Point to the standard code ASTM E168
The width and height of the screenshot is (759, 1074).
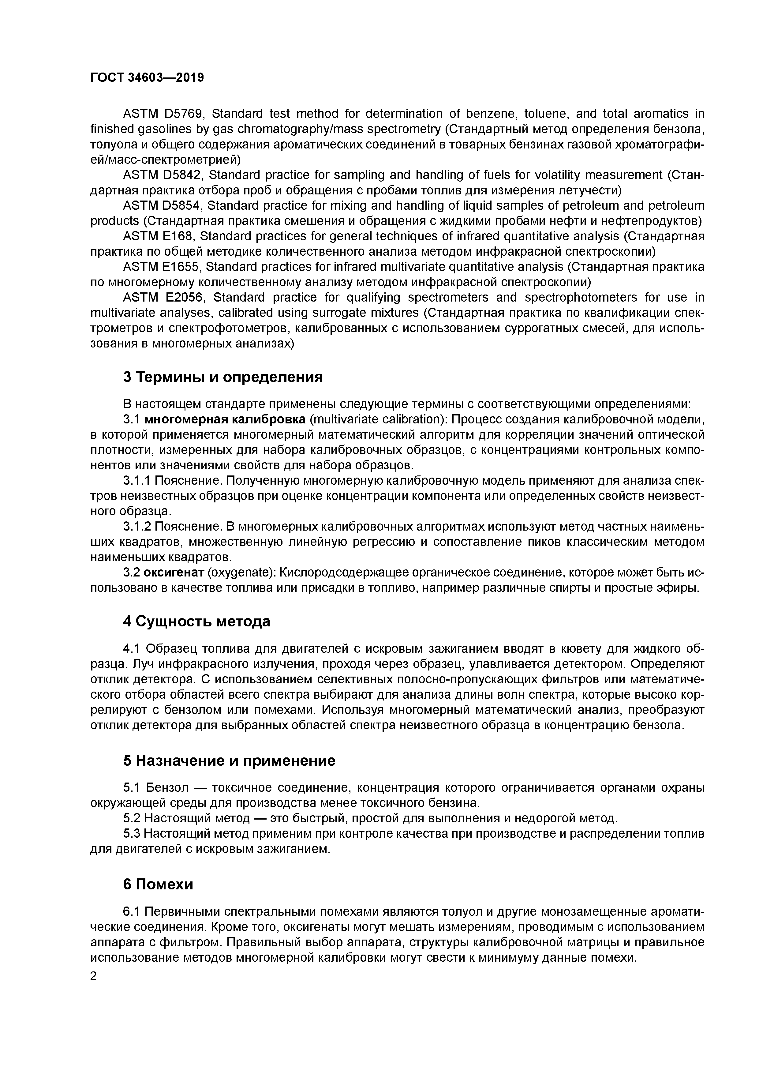(158, 236)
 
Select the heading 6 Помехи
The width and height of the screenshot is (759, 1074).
(158, 884)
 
